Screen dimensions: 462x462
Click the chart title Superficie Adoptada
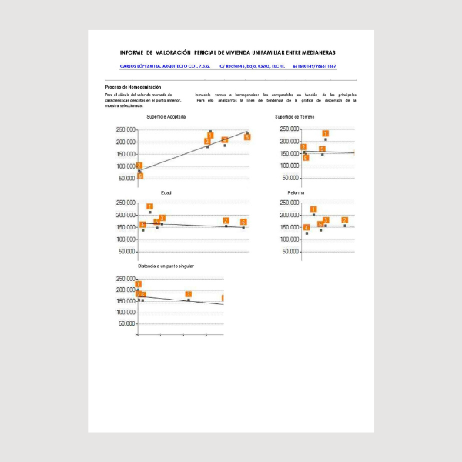[x=166, y=116]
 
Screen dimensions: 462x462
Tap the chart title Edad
[x=166, y=192]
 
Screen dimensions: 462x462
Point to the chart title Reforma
[x=296, y=192]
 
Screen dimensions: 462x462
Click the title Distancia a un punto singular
[x=166, y=266]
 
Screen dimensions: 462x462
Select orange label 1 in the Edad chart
[x=150, y=206]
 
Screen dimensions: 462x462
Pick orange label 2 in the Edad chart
[x=226, y=221]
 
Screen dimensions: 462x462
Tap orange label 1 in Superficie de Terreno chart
[x=326, y=134]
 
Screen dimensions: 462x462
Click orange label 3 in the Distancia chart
[x=189, y=295]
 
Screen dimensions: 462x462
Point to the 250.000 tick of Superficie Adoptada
[x=125, y=129]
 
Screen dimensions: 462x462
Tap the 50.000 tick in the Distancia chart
[x=125, y=324]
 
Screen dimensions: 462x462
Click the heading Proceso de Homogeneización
[x=133, y=87]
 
